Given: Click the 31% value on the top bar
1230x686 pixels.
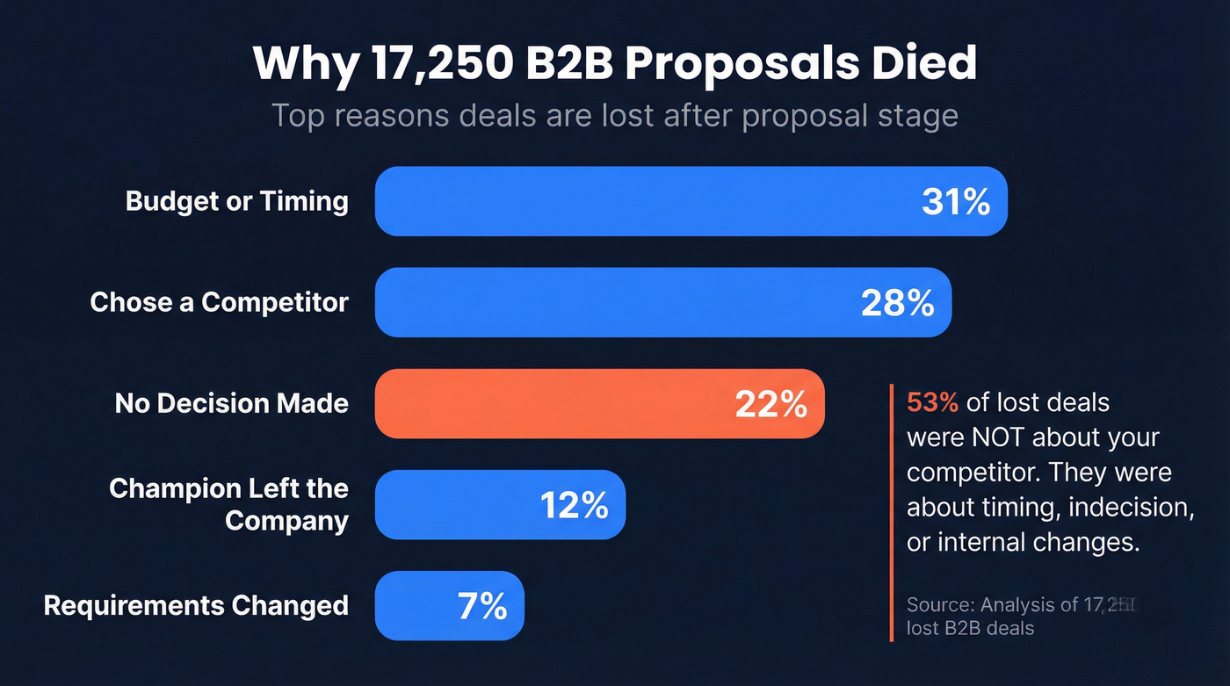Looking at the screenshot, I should [x=956, y=202].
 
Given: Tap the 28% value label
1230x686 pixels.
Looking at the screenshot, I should [x=897, y=303].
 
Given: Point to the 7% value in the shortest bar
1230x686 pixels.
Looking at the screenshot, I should [x=482, y=606].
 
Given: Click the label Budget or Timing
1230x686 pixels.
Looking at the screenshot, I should [x=237, y=201].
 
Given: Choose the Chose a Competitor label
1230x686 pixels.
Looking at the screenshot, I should [x=220, y=302].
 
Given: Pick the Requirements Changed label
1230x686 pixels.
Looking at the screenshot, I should [x=196, y=605].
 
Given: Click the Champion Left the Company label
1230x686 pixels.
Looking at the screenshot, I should [x=228, y=504].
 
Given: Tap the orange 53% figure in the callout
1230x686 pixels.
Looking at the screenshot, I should [x=932, y=402].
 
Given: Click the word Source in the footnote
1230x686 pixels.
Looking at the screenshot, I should [x=938, y=604].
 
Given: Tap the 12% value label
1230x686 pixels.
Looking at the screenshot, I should [x=574, y=505].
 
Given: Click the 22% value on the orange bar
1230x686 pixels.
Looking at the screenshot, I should [x=771, y=404].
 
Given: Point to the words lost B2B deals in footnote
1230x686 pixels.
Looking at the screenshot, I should [x=970, y=628].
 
